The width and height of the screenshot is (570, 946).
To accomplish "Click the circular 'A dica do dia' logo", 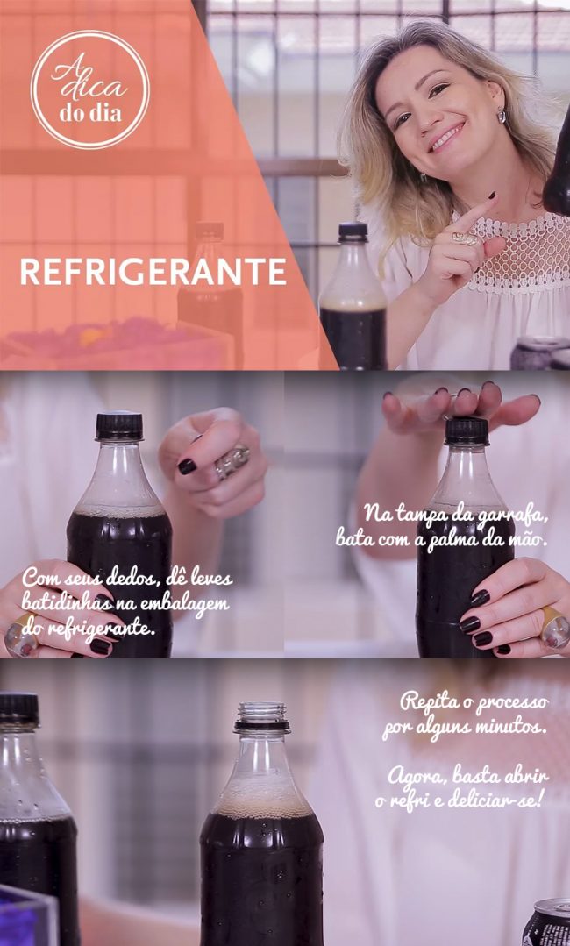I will point(90,89).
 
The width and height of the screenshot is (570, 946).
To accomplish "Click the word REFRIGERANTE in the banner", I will point(153,272).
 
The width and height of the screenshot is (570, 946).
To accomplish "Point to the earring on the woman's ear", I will point(501,116).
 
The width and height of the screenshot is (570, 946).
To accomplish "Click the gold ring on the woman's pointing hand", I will point(465,238).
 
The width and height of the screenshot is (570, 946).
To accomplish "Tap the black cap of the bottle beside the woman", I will point(353,231).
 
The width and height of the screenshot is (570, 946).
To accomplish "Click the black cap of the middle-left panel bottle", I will point(119,426).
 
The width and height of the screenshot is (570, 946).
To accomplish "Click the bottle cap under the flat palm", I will point(467,430).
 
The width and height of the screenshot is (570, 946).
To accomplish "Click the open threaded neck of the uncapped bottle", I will point(261,716).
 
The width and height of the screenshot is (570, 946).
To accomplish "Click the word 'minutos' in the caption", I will point(514,728).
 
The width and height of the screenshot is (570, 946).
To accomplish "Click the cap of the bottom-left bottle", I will point(18,708).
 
